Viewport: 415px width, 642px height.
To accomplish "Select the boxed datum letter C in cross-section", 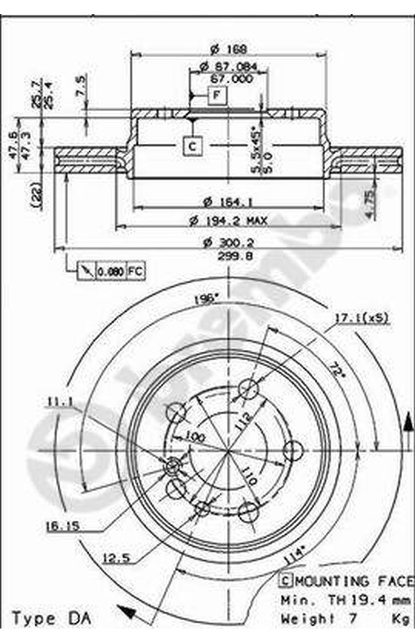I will pyautogui.click(x=192, y=146).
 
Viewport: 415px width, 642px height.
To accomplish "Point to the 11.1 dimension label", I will pyautogui.click(x=58, y=403).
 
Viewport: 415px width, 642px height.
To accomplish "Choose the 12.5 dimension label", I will pyautogui.click(x=117, y=558).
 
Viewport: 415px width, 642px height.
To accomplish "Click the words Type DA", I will pyautogui.click(x=53, y=620).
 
